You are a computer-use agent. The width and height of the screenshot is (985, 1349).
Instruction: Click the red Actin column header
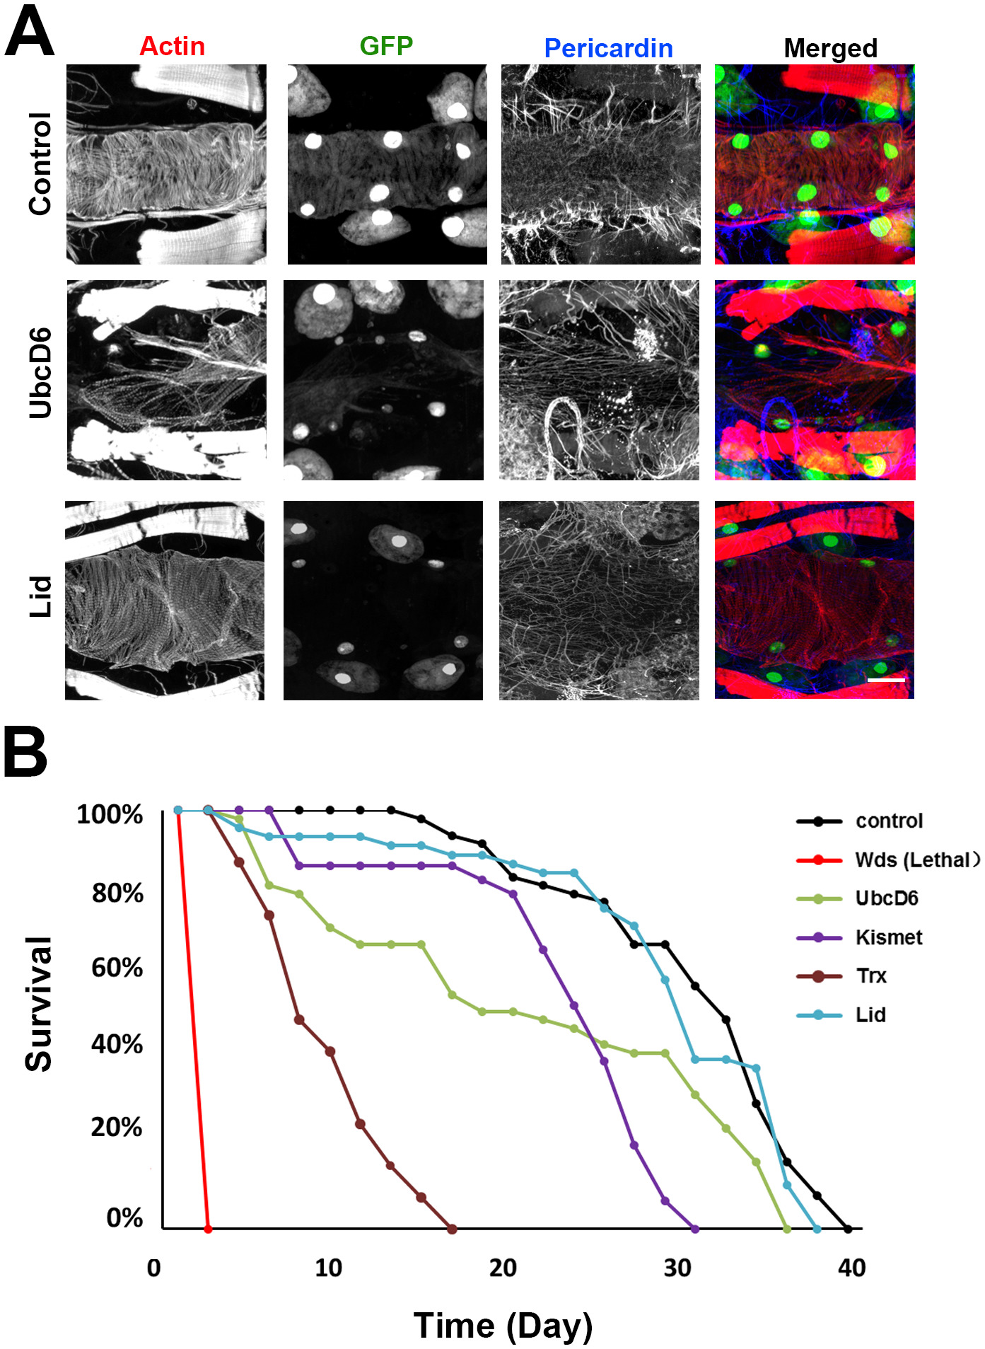[172, 47]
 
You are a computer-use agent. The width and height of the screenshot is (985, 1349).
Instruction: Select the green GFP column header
[386, 46]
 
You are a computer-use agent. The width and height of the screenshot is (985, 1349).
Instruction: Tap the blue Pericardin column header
[608, 48]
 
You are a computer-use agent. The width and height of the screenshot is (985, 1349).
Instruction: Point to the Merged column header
[830, 48]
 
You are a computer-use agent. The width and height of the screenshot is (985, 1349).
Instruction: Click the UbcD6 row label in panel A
[41, 373]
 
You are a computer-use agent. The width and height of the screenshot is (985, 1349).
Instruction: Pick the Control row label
[41, 163]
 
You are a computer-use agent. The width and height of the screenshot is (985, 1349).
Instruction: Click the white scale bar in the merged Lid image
[886, 680]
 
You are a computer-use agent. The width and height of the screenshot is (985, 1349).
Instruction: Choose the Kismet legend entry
[888, 937]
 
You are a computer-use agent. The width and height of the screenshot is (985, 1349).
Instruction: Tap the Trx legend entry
[870, 976]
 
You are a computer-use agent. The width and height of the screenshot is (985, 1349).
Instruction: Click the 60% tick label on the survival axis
[117, 967]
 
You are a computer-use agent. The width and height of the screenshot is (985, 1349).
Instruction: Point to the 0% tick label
[124, 1217]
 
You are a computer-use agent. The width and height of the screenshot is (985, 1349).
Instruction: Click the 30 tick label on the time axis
[677, 1268]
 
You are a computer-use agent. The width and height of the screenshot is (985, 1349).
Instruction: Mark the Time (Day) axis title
[503, 1325]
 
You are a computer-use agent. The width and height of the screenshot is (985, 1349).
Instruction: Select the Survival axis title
[39, 1003]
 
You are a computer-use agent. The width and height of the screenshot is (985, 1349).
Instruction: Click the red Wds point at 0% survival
[208, 1229]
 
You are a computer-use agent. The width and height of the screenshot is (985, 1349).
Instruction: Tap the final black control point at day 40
[848, 1229]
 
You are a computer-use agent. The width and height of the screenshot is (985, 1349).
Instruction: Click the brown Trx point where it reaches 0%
[452, 1229]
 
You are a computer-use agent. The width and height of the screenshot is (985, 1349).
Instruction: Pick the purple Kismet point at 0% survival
[694, 1229]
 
